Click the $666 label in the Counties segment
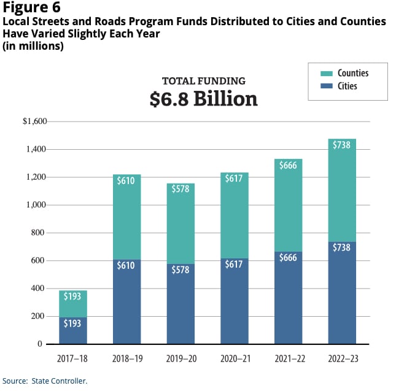pyautogui.click(x=288, y=165)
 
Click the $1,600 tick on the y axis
pyautogui.click(x=34, y=122)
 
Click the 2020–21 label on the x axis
pyautogui.click(x=234, y=357)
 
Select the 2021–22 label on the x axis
pyautogui.click(x=288, y=357)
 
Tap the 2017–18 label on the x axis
pyautogui.click(x=73, y=357)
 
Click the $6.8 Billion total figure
pyautogui.click(x=203, y=99)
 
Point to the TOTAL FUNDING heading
pyautogui.click(x=203, y=80)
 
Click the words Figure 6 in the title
pyautogui.click(x=29, y=8)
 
